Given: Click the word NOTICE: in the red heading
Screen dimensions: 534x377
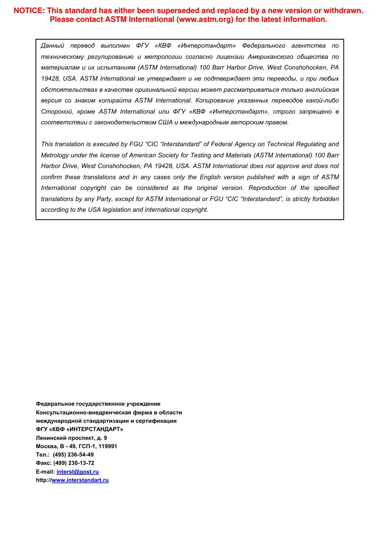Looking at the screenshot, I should coord(29,11).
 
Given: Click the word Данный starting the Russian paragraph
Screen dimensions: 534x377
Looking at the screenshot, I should coord(52,46).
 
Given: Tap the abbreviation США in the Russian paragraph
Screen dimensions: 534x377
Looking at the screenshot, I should coord(165,122).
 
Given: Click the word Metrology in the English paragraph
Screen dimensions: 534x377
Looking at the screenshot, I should coord(55,155).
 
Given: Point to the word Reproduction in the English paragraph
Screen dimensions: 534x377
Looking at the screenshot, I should coord(267,188).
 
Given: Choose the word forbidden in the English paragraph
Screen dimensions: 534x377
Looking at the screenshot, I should coord(324,199).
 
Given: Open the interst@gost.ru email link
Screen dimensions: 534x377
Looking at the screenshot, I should coord(77,472).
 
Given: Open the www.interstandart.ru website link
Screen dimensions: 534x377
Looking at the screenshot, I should coord(80,480).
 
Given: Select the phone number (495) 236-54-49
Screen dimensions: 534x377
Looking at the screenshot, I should coord(73,455).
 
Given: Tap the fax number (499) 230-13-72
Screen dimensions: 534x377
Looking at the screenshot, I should coord(74,463).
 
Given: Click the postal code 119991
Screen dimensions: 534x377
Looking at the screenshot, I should coord(108,446).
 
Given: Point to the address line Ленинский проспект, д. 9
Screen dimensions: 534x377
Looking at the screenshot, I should coord(71,438).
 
